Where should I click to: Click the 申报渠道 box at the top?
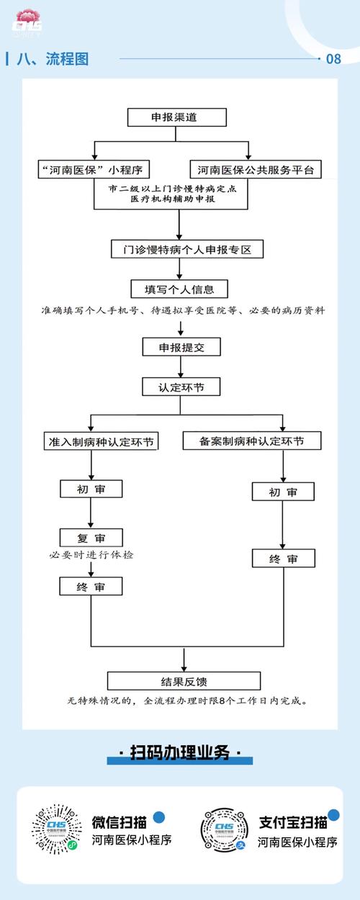pyautogui.click(x=177, y=117)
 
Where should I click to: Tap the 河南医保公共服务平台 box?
pyautogui.click(x=256, y=170)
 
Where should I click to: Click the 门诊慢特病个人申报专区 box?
pyautogui.click(x=187, y=250)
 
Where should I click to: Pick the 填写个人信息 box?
pyautogui.click(x=180, y=289)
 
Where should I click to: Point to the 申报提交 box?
pyautogui.click(x=180, y=347)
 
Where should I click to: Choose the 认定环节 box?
pyautogui.click(x=180, y=387)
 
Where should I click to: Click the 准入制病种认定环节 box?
pyautogui.click(x=101, y=441)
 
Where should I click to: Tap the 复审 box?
pyautogui.click(x=91, y=537)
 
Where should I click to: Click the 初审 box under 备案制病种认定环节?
pyautogui.click(x=283, y=492)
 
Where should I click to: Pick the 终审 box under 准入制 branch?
pyautogui.click(x=91, y=587)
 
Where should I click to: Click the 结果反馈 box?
pyautogui.click(x=184, y=681)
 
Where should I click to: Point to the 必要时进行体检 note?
pyautogui.click(x=92, y=555)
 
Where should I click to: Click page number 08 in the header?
pyautogui.click(x=333, y=59)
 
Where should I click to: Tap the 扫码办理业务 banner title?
pyautogui.click(x=180, y=754)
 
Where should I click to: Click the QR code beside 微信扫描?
pyautogui.click(x=56, y=829)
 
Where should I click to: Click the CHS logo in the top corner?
pyautogui.click(x=27, y=22)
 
